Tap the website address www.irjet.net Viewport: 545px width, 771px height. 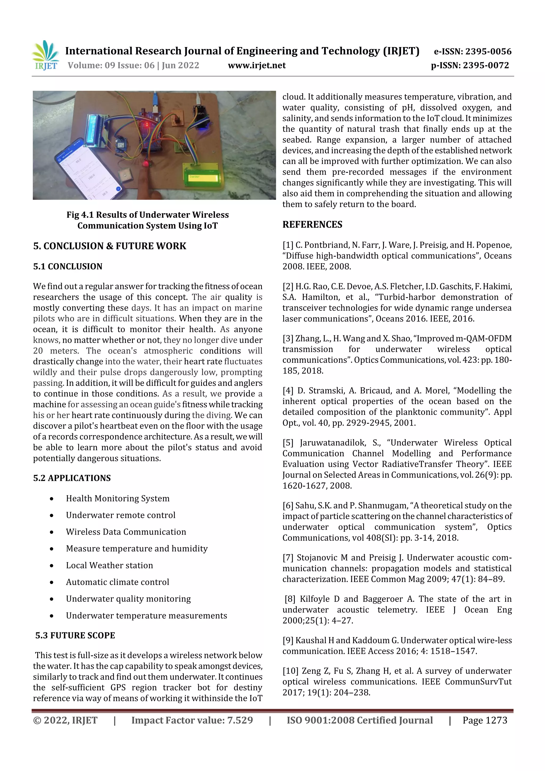[x=257, y=65]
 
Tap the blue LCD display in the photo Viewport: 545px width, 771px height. [x=94, y=131]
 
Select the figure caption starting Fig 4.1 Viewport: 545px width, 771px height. [x=147, y=220]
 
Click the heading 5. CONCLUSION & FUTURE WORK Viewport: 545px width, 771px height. [x=109, y=246]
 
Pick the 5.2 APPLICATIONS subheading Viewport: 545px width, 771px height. [x=72, y=478]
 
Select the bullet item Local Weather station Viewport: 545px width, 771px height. [x=109, y=565]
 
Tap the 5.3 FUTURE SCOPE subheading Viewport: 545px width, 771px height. [x=75, y=635]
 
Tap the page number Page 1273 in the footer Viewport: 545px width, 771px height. [x=485, y=720]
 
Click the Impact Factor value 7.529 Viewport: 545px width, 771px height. [x=240, y=720]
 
